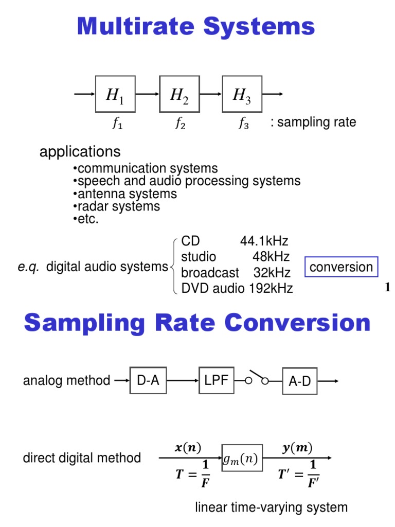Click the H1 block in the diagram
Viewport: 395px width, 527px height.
pos(115,94)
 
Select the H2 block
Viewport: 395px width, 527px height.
pos(179,94)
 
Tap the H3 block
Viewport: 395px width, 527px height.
pos(242,94)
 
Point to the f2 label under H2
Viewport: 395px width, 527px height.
pos(179,124)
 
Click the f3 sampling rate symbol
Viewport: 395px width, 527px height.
pos(243,124)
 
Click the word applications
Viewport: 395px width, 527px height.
pos(80,152)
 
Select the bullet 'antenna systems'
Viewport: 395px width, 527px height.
pos(127,194)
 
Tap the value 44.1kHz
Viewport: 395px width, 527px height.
pos(264,241)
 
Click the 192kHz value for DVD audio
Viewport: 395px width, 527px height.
pos(271,288)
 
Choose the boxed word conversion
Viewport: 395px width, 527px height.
pos(341,267)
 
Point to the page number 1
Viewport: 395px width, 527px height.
pos(387,288)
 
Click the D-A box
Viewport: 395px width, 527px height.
pos(148,381)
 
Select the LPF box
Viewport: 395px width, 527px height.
pos(216,381)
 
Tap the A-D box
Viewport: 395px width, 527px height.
pos(300,382)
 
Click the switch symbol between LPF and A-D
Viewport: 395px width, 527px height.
pos(257,378)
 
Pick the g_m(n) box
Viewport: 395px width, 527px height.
pos(242,458)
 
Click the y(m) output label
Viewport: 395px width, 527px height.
pos(297,447)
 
